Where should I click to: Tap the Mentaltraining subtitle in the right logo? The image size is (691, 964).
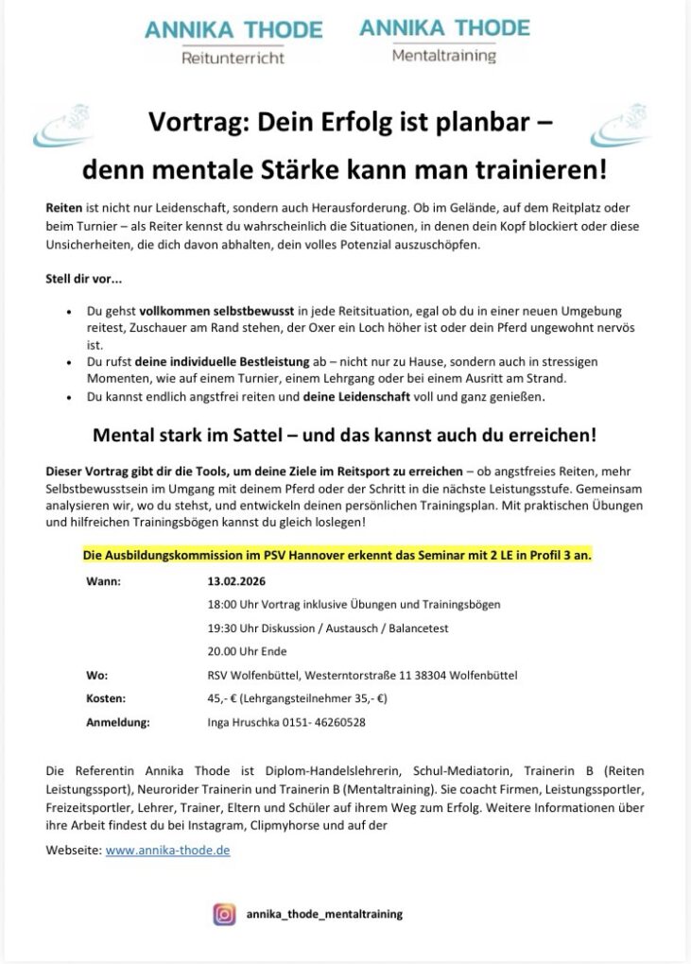[443, 56]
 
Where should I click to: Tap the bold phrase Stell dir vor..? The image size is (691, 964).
[83, 279]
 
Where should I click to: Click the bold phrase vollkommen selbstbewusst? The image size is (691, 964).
[217, 311]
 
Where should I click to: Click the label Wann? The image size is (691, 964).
[103, 580]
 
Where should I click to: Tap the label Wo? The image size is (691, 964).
[96, 676]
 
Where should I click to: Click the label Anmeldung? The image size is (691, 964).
[117, 723]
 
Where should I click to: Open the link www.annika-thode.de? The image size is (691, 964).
[167, 850]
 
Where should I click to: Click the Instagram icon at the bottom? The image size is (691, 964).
[225, 914]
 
